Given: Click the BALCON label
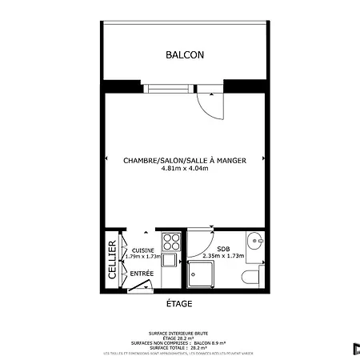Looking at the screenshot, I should tap(185, 55).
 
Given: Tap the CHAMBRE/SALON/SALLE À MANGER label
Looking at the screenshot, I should tap(184, 161).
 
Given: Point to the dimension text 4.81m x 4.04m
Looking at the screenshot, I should tap(184, 170).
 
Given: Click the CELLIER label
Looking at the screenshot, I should tap(113, 261).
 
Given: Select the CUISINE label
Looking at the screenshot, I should tap(143, 250).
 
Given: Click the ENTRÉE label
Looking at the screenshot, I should tap(142, 274).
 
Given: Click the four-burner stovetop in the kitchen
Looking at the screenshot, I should tap(170, 241).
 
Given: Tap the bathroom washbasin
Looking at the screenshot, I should tap(254, 241).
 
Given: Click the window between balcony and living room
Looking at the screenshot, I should tap(169, 86).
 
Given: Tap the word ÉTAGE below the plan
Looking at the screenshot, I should tap(179, 304).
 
